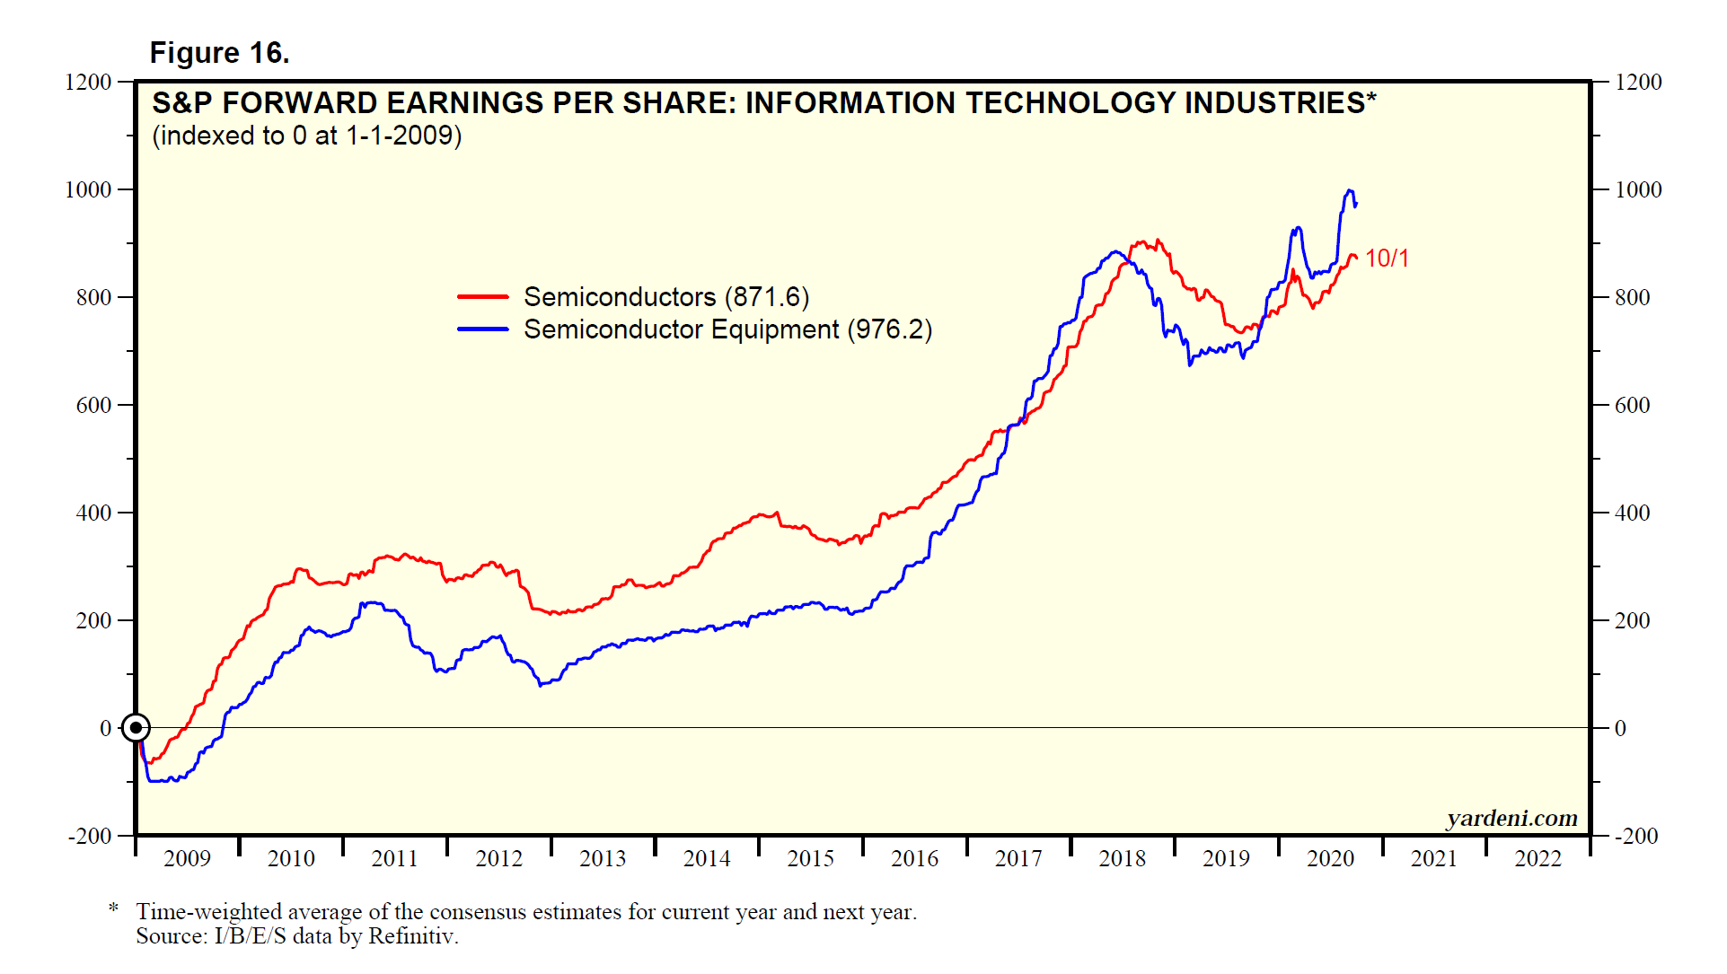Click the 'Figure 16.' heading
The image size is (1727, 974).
[219, 53]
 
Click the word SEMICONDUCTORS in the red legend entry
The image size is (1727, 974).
[620, 297]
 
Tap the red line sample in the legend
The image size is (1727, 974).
[483, 296]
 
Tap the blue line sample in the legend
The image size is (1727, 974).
[483, 329]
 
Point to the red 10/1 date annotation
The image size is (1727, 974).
[1387, 259]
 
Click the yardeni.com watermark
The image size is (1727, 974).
[1511, 818]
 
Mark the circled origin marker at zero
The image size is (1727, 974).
[136, 728]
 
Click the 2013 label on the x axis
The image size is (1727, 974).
[603, 859]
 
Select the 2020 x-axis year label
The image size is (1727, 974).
[1330, 859]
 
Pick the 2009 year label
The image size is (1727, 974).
[187, 859]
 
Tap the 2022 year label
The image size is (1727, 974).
[1538, 859]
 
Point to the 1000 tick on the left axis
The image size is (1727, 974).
[88, 189]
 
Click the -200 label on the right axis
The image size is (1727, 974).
[1636, 836]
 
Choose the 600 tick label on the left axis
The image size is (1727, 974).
[93, 405]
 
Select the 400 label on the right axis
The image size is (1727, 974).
[1632, 513]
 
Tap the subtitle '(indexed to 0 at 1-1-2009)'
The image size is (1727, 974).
[307, 136]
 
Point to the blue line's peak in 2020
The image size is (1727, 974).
[1349, 190]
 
